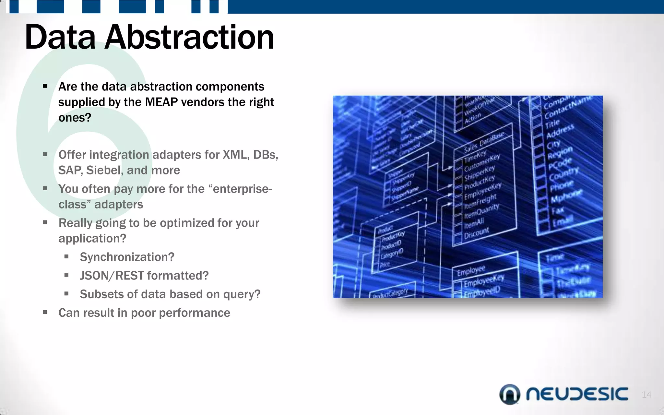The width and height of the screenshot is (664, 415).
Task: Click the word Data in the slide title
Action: point(60,37)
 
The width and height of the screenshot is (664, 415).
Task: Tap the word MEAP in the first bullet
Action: point(161,102)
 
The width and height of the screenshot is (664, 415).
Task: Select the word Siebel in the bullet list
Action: point(103,170)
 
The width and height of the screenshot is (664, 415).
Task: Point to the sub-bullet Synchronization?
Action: point(127,257)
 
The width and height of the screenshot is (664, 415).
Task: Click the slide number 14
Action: point(646,395)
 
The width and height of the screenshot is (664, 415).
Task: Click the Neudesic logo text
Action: point(577,394)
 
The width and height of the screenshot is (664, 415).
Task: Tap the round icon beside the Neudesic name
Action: point(510,394)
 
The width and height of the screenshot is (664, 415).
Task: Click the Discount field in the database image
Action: point(476,232)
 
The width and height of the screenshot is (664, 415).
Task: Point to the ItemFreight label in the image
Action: point(480,202)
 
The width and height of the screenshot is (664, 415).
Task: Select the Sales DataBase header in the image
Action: point(484,142)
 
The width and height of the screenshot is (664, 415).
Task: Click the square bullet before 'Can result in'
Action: point(45,313)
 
